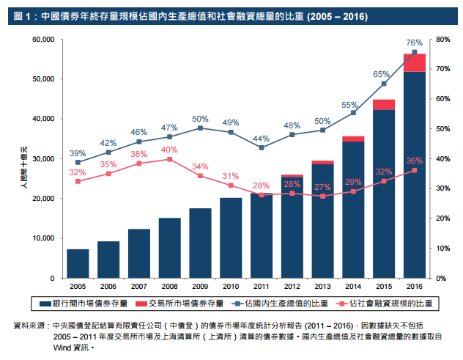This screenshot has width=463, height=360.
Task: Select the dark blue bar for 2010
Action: (231, 238)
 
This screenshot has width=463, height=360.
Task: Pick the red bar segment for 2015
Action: (384, 104)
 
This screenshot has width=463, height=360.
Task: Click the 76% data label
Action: (414, 43)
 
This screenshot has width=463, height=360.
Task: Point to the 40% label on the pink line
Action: (169, 150)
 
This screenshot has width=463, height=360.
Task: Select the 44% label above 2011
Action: (262, 139)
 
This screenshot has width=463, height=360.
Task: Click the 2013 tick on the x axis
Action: (323, 287)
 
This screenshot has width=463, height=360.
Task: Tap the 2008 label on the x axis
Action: (169, 287)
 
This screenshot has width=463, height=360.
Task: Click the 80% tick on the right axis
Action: (442, 39)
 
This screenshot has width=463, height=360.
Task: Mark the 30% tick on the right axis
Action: (442, 188)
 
